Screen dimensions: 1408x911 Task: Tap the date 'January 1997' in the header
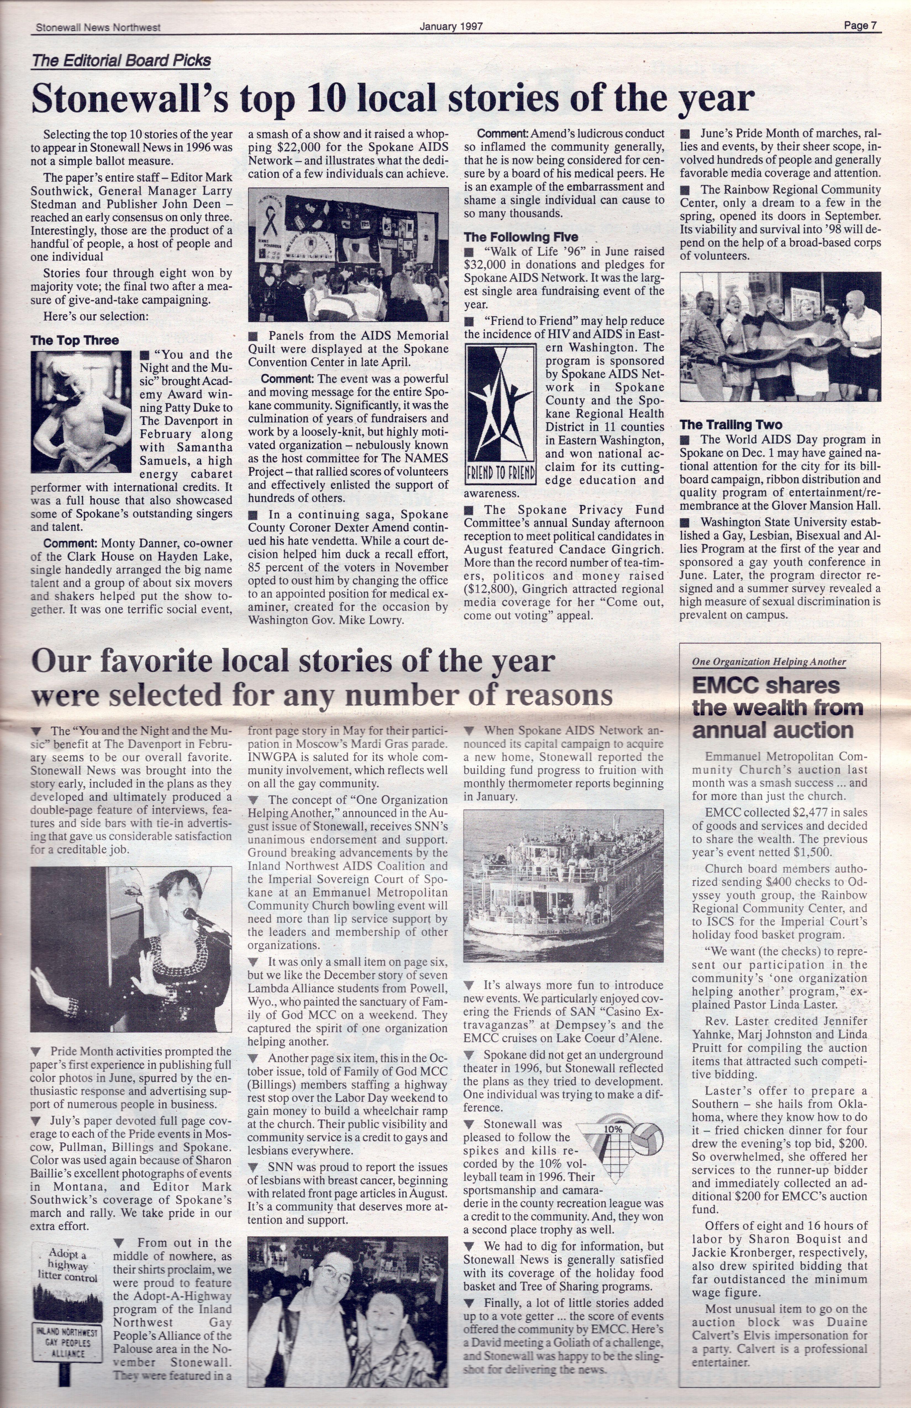coord(451,26)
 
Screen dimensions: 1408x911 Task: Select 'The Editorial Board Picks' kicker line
coord(121,60)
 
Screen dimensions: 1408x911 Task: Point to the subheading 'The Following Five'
coord(521,237)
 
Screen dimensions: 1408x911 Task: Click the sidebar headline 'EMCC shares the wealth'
coord(774,708)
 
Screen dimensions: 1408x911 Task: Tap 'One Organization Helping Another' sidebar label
coord(769,662)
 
